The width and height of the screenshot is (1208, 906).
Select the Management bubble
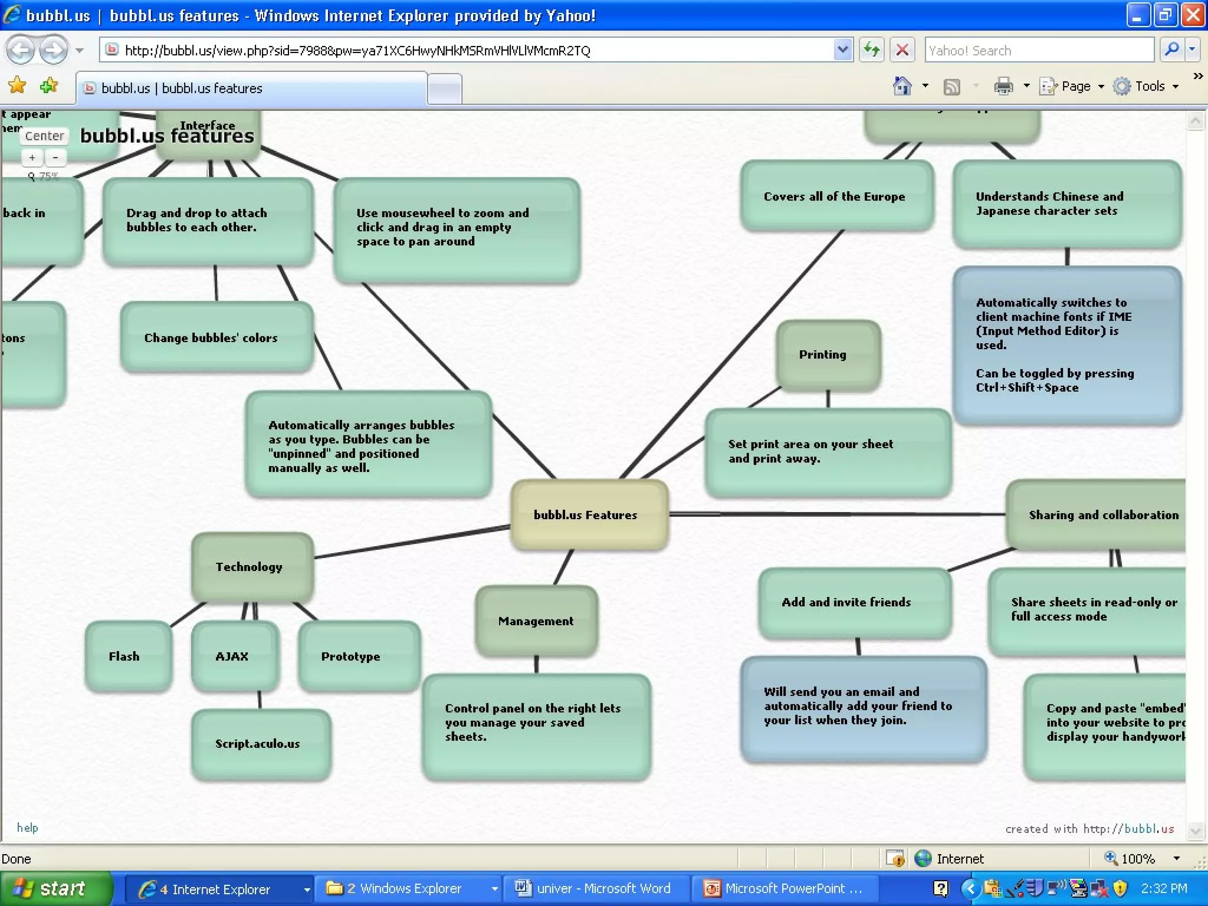[x=536, y=621]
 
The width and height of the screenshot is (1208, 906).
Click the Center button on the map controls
[x=44, y=136]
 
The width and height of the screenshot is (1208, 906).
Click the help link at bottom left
[x=27, y=828]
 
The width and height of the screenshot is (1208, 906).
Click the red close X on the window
[x=1193, y=15]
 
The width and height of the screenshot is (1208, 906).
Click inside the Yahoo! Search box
[x=1038, y=51]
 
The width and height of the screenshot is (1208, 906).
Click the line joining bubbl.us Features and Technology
[x=413, y=541]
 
